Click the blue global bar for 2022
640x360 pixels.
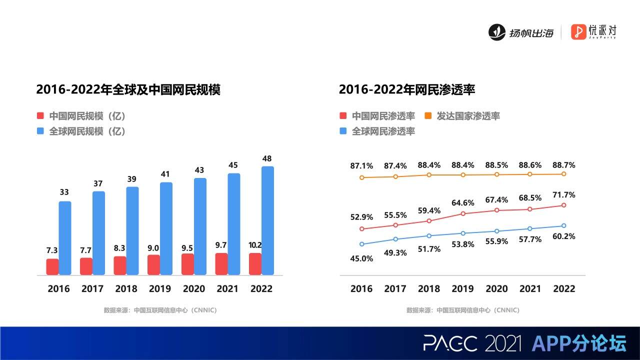coord(268,220)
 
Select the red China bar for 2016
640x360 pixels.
coord(52,267)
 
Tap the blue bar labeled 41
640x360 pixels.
coord(166,228)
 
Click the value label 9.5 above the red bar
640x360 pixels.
coord(187,248)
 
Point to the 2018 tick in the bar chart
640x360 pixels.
coord(126,288)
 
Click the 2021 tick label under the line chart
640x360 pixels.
coord(530,288)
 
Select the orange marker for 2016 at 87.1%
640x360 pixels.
coord(361,177)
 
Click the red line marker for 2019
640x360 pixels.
coord(463,213)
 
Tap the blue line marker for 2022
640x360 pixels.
coord(563,225)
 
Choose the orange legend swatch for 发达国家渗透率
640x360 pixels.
coord(428,116)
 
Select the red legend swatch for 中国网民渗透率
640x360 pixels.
coord(343,116)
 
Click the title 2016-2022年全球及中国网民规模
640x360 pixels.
coord(128,90)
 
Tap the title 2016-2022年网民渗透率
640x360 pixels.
coord(406,90)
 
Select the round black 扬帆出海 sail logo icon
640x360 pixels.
coord(497,32)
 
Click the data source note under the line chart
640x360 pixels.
coord(463,310)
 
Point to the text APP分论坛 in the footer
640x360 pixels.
coord(579,343)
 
